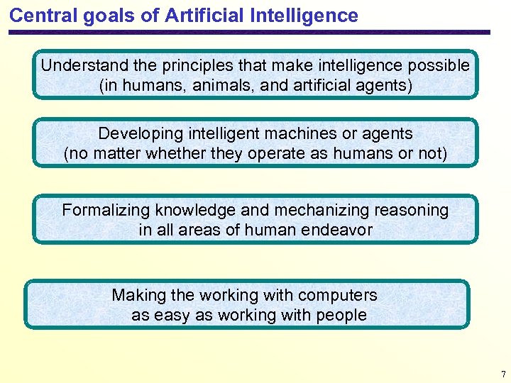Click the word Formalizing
(106, 210)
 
